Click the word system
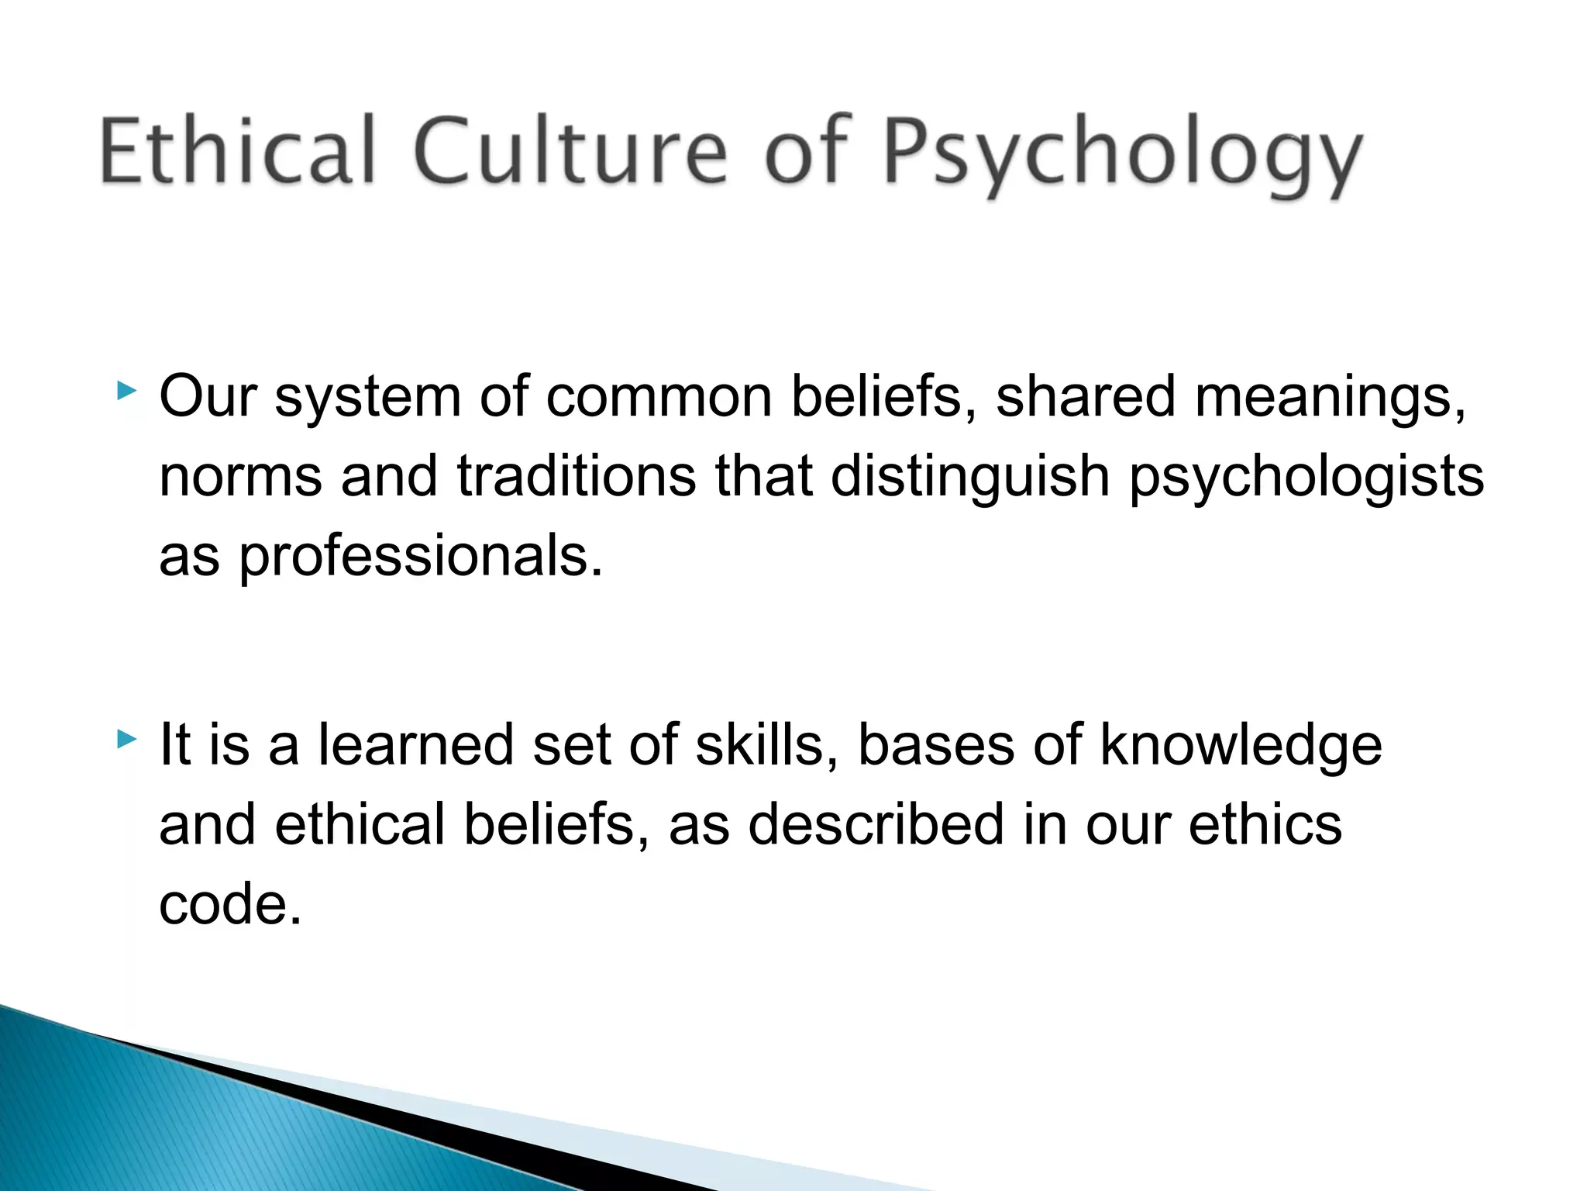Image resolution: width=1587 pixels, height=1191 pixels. [367, 398]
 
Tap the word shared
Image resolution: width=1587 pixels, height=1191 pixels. [1085, 396]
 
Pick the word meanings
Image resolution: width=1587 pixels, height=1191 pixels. [1330, 398]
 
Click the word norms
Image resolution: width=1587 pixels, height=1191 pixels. [240, 476]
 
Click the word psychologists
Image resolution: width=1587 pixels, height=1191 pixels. [1306, 476]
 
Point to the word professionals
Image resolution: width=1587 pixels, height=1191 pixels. [419, 557]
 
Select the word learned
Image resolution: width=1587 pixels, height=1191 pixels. [415, 744]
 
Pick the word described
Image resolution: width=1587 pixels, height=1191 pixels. [876, 823]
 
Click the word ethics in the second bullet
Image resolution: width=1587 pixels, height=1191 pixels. [1265, 823]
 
